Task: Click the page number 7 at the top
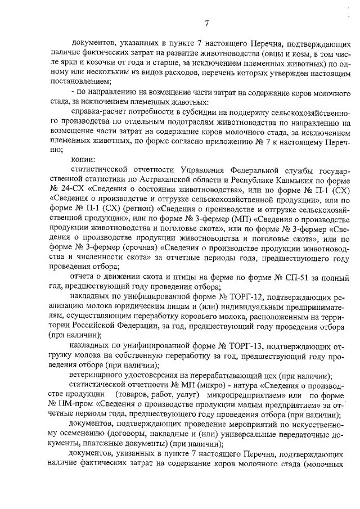coord(206,23)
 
